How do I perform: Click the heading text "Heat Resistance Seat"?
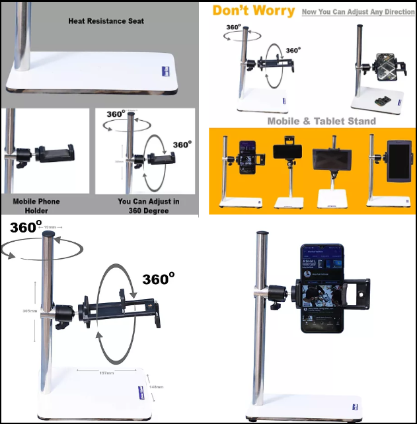[106, 21]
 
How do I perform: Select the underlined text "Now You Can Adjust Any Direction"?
[358, 12]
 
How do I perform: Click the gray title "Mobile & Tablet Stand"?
[321, 121]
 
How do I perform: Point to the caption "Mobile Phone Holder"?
[38, 205]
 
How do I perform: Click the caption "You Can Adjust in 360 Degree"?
[148, 205]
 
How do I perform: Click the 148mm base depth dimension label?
[156, 386]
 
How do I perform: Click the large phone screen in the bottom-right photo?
[322, 289]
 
